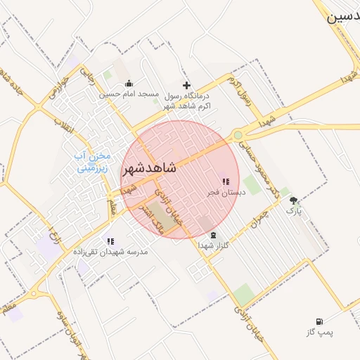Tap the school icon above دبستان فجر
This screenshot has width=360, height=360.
click(x=225, y=181)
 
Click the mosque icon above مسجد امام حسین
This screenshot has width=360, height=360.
click(x=129, y=84)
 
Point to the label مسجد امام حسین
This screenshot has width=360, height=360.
click(x=129, y=94)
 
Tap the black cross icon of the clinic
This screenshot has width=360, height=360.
click(x=186, y=85)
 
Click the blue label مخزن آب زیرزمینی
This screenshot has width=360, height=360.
click(x=93, y=162)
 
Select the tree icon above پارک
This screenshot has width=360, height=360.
click(x=293, y=200)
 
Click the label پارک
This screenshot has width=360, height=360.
click(x=292, y=210)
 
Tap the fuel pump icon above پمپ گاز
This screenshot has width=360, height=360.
click(x=321, y=321)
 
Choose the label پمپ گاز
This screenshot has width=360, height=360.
click(x=321, y=331)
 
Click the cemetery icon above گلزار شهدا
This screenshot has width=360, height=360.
click(x=213, y=236)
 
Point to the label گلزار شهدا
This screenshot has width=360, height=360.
click(x=213, y=246)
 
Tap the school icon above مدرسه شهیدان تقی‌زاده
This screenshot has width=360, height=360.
click(x=110, y=241)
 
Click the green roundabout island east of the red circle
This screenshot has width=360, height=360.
click(x=238, y=135)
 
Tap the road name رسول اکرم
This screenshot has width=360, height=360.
click(x=241, y=86)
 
